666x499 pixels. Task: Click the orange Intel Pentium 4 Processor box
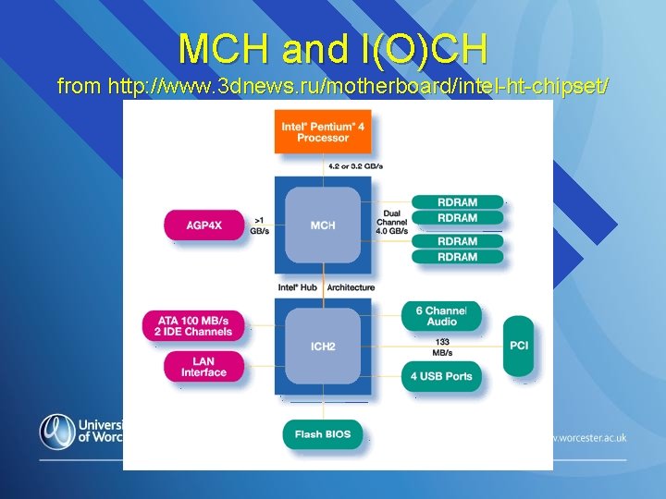(x=323, y=132)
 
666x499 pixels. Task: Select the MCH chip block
(x=323, y=225)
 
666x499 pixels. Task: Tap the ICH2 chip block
(x=323, y=347)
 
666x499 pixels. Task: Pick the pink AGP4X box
(x=203, y=225)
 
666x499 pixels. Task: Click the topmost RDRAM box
(x=458, y=202)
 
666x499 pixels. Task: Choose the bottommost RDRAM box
(x=458, y=257)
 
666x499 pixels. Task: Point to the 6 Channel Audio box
(x=441, y=316)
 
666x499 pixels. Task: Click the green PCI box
(x=519, y=346)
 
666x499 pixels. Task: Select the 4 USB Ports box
(x=441, y=376)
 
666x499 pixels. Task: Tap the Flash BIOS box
(x=323, y=434)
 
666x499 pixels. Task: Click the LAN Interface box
(x=203, y=367)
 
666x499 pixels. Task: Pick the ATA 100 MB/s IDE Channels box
(x=193, y=325)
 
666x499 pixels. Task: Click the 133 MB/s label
(x=442, y=347)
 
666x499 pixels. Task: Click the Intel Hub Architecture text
(x=327, y=287)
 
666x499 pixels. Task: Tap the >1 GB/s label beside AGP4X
(x=260, y=225)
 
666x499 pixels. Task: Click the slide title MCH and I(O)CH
(x=332, y=47)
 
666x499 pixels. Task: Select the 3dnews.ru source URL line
(x=332, y=86)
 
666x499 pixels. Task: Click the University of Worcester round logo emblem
(x=56, y=431)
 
